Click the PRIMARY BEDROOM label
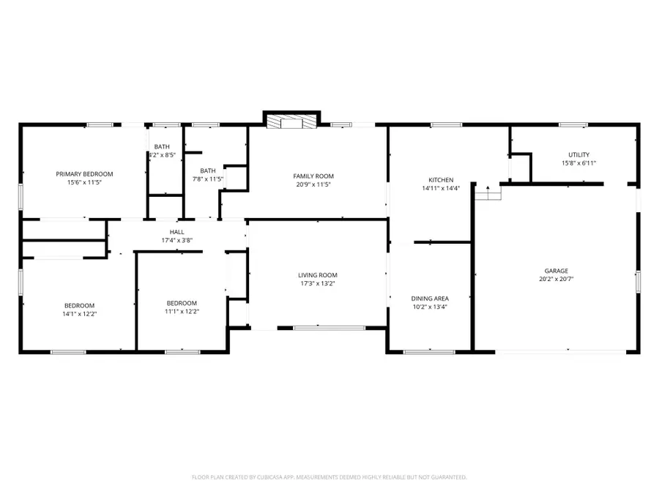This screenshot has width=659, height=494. tap(85, 173)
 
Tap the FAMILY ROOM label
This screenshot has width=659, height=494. tap(313, 176)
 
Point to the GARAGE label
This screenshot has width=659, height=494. tap(556, 270)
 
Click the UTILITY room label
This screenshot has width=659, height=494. tap(578, 154)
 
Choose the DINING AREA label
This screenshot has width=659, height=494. tap(430, 299)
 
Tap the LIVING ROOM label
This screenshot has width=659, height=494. tap(318, 275)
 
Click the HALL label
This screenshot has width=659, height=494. tap(177, 231)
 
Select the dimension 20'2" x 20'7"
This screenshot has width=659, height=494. tap(556, 279)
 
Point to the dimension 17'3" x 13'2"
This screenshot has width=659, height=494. tap(318, 284)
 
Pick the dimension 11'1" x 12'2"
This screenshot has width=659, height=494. tap(182, 312)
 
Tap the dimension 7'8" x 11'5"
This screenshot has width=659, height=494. tap(208, 179)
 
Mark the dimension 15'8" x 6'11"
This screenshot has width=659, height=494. tap(578, 163)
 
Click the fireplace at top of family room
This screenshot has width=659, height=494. tap(292, 121)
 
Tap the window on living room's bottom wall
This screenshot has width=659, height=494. tap(319, 327)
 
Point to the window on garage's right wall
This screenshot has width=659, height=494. tap(638, 281)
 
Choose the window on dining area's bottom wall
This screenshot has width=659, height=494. tap(429, 352)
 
